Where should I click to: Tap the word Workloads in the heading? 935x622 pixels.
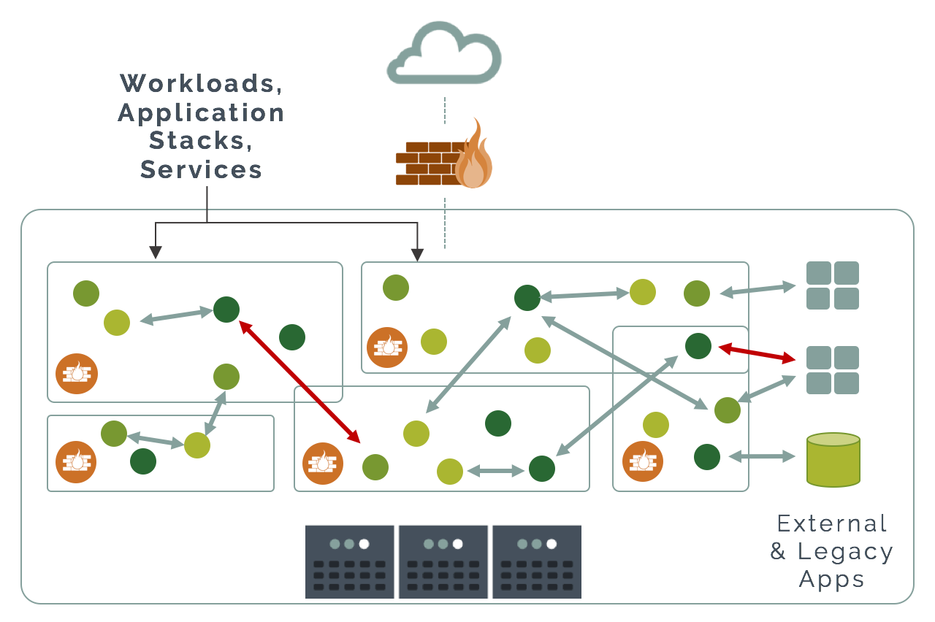click(202, 83)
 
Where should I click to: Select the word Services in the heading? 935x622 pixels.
click(202, 169)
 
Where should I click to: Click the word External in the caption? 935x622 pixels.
click(832, 523)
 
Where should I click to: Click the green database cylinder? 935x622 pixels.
click(833, 459)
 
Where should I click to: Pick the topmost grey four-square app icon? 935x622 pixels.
click(833, 285)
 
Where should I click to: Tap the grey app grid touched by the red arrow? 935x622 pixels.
click(833, 370)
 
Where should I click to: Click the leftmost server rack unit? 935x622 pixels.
click(350, 562)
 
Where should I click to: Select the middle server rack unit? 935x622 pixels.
click(443, 562)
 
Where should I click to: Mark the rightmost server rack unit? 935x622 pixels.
click(537, 562)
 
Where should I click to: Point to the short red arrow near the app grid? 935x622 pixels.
click(757, 354)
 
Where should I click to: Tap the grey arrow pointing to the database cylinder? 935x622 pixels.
click(762, 457)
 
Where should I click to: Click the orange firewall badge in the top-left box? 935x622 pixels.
click(77, 374)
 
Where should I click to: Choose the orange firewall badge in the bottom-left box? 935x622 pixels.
click(77, 461)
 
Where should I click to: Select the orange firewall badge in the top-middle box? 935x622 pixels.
click(387, 347)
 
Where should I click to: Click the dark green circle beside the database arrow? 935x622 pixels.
click(707, 457)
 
